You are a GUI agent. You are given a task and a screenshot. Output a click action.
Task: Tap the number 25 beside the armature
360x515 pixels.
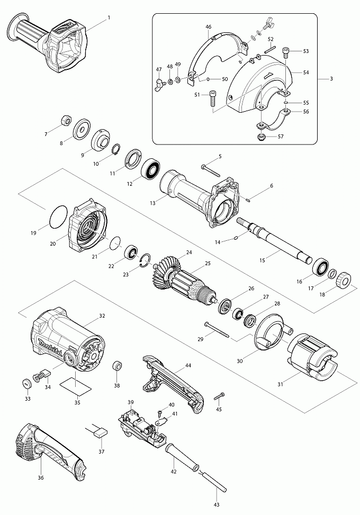208,263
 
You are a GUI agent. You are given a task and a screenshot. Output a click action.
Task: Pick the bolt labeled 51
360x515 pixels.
212,98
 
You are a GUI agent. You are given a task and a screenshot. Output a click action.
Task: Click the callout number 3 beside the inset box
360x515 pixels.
331,79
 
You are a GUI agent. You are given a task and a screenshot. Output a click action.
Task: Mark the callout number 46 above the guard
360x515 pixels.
208,26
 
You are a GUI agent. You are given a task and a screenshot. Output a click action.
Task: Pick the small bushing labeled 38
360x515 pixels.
117,366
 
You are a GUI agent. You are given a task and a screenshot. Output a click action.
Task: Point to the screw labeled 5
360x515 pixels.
212,170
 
